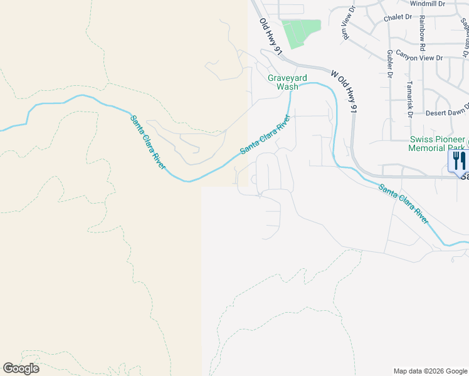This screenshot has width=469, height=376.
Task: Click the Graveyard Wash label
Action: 287,82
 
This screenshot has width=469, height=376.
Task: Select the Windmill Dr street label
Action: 428,4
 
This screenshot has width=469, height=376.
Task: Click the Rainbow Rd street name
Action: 423,34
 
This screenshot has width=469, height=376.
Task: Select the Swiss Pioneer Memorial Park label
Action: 436,144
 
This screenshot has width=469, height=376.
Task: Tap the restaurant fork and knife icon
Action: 459,160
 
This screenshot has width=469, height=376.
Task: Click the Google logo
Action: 21,368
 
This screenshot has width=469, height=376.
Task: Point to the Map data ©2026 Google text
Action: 429,371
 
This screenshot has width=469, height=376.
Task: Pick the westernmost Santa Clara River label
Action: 148,142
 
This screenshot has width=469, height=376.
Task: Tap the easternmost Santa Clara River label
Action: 403,204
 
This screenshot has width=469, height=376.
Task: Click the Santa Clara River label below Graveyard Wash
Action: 265,133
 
